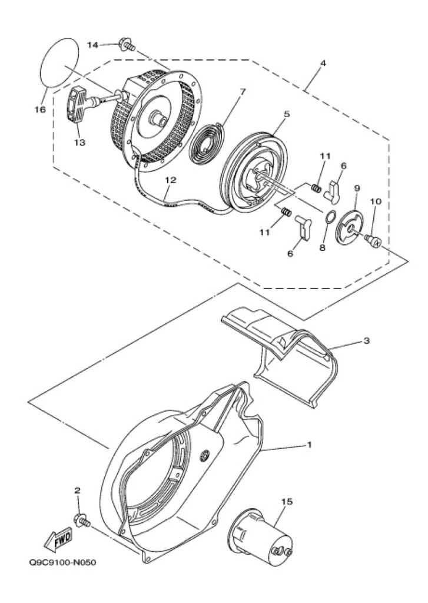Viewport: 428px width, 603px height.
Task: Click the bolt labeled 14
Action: pos(127,44)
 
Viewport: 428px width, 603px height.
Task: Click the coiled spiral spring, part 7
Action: pos(208,143)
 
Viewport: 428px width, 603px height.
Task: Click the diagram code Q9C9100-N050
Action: pos(62,562)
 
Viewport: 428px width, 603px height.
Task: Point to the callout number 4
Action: pos(323,63)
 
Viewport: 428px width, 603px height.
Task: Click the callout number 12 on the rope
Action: pos(171,180)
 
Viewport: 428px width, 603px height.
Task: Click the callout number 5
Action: pos(287,114)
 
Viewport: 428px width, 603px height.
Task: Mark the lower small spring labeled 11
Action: pos(286,212)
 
